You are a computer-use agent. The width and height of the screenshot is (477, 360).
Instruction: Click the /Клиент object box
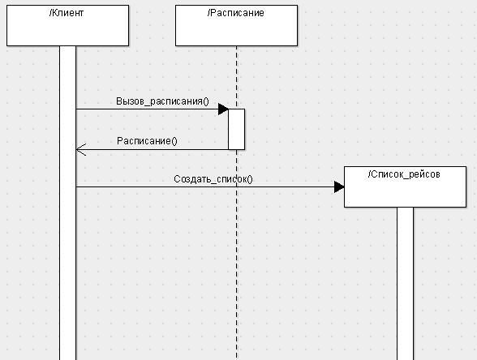click(x=67, y=26)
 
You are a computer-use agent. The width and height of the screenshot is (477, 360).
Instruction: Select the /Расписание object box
click(x=236, y=26)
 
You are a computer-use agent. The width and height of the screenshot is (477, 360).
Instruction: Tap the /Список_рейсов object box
click(x=406, y=186)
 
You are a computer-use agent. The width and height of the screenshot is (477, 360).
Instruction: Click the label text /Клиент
click(x=67, y=13)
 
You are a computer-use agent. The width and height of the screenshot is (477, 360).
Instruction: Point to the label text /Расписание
click(x=236, y=13)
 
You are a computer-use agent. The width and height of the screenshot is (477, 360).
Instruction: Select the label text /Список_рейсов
click(x=404, y=174)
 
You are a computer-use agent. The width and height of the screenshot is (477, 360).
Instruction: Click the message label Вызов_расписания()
click(x=162, y=101)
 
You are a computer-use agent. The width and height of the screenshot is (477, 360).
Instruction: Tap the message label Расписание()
click(x=147, y=141)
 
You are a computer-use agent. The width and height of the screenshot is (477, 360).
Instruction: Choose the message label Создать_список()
click(x=213, y=179)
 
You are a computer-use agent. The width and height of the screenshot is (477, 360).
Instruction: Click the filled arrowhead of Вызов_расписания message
click(x=223, y=109)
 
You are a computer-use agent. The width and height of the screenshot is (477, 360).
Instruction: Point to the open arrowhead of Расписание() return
click(x=81, y=149)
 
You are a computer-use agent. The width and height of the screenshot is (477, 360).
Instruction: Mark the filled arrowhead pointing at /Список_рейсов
click(x=339, y=187)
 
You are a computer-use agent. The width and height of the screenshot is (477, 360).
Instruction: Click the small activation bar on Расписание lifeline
click(x=236, y=129)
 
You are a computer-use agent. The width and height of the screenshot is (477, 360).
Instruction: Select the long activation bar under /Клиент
click(x=68, y=203)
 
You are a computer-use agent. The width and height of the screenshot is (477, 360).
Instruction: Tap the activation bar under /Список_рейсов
click(x=406, y=284)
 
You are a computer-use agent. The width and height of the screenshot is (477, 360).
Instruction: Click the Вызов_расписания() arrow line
click(x=153, y=109)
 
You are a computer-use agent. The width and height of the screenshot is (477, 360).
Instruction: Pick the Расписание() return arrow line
click(x=153, y=149)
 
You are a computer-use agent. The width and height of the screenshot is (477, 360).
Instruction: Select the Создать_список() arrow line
click(x=210, y=187)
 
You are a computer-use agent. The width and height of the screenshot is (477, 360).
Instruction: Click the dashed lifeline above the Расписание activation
click(x=236, y=77)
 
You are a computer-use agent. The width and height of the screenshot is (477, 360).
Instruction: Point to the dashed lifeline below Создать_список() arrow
click(x=236, y=272)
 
